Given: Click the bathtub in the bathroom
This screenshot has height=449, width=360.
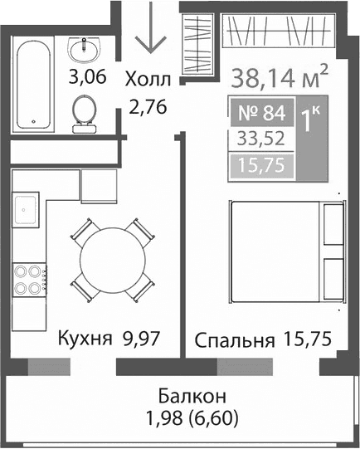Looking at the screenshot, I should pos(34,83).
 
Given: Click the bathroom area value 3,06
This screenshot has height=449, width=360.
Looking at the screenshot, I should pos(87,80).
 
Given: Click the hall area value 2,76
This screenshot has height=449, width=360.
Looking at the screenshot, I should pos(147,105).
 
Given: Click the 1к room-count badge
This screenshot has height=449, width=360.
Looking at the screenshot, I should pos(311,122).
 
